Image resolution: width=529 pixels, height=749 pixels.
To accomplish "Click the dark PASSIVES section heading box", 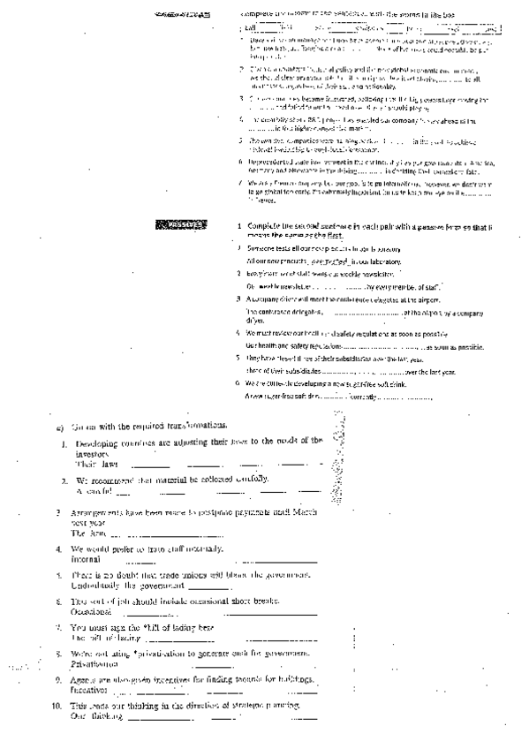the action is [x=179, y=225].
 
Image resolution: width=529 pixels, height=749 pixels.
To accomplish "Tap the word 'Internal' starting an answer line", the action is [x=87, y=559].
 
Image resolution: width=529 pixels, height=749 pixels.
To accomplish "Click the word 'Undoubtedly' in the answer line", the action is [x=99, y=585].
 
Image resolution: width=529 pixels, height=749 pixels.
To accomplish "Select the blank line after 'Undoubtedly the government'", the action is [x=210, y=586].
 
